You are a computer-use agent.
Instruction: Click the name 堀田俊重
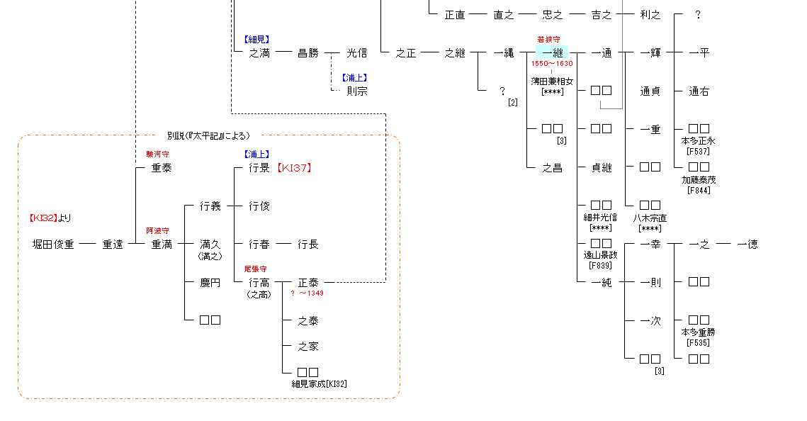(53, 245)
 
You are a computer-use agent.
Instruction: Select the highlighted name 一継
(552, 52)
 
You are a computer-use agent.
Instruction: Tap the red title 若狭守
(548, 40)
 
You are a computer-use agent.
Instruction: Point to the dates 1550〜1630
(552, 64)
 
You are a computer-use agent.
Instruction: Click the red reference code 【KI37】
(294, 168)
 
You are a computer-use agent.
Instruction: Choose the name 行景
(259, 168)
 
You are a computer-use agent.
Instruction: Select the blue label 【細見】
(256, 40)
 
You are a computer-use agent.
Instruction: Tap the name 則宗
(357, 91)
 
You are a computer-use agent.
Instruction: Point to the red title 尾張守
(256, 269)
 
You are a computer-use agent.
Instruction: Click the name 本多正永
(698, 140)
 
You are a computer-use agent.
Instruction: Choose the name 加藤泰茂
(698, 179)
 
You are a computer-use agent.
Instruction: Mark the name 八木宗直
(650, 218)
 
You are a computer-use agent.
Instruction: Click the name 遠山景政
(600, 255)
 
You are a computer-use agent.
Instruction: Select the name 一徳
(747, 245)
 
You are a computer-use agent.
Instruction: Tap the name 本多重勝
(698, 332)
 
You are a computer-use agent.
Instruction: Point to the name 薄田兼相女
(552, 82)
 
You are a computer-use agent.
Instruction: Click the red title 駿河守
(157, 154)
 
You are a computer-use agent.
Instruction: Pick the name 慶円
(210, 283)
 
